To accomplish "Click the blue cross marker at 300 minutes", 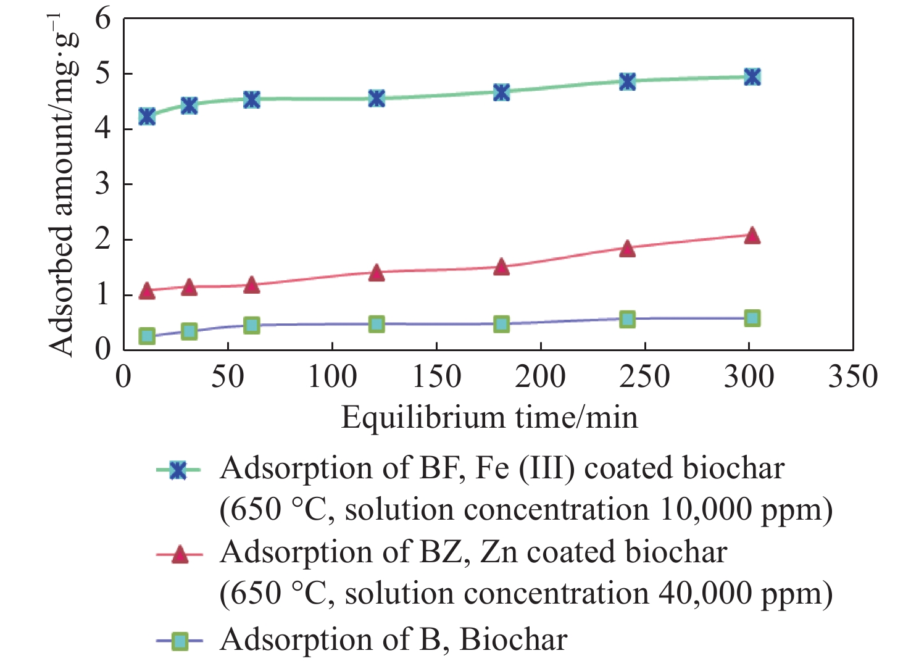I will pos(751,77).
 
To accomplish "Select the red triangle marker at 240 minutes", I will pos(627,249).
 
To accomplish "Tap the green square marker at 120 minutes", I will pos(376,324).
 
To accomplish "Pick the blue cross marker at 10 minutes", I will pos(147,116).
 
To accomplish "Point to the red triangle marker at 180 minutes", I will pos(502,267).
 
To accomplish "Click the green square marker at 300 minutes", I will pos(751,318).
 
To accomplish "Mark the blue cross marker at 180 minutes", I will pos(502,93).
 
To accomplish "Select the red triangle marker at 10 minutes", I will pos(147,291).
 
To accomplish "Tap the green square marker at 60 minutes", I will pos(251,325).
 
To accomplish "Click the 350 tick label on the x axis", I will pos(852,376).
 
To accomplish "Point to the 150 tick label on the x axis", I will pos(436,376).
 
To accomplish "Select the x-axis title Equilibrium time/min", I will pos(489,418).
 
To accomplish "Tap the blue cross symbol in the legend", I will pos(179,471).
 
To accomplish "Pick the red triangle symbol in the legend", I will pos(179,555).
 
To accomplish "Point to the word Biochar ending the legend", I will pos(513,640).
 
